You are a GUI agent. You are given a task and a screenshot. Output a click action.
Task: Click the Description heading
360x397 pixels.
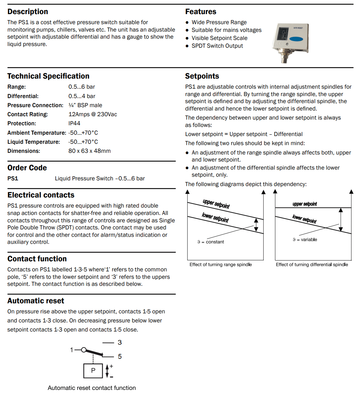click(28, 12)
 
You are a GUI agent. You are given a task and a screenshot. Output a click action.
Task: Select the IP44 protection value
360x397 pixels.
click(74, 123)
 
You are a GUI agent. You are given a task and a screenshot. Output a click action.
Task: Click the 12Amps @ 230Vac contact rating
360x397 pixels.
click(93, 114)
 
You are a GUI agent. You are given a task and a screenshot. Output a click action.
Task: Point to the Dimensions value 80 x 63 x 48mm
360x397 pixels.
click(89, 151)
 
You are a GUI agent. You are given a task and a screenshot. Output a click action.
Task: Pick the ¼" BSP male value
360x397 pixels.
click(85, 105)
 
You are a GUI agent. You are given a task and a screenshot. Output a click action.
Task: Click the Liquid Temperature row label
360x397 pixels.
click(34, 142)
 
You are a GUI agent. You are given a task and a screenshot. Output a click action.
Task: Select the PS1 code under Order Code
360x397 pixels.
click(13, 178)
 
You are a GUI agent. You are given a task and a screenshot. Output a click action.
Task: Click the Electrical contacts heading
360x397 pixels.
click(41, 195)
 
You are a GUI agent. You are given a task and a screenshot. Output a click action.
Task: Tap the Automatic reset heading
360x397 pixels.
click(36, 301)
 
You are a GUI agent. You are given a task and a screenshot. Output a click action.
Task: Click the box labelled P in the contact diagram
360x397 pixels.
click(93, 370)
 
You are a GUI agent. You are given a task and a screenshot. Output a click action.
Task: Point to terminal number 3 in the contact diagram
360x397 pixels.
click(120, 343)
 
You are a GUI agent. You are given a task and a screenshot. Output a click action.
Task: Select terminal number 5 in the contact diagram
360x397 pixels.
click(120, 356)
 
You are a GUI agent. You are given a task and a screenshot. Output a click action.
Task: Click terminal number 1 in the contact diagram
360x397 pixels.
click(71, 350)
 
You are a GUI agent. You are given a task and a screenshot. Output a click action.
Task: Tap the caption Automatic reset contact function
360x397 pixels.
click(92, 388)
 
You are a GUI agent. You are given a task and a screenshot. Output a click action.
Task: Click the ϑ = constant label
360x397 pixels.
click(211, 242)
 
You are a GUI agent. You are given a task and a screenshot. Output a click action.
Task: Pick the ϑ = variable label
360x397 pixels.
click(305, 239)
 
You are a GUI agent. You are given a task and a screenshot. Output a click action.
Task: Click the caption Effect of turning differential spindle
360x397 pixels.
click(312, 265)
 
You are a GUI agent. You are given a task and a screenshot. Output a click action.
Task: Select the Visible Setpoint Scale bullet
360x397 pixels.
click(219, 38)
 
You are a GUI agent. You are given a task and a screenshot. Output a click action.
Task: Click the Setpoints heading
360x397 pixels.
click(202, 76)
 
